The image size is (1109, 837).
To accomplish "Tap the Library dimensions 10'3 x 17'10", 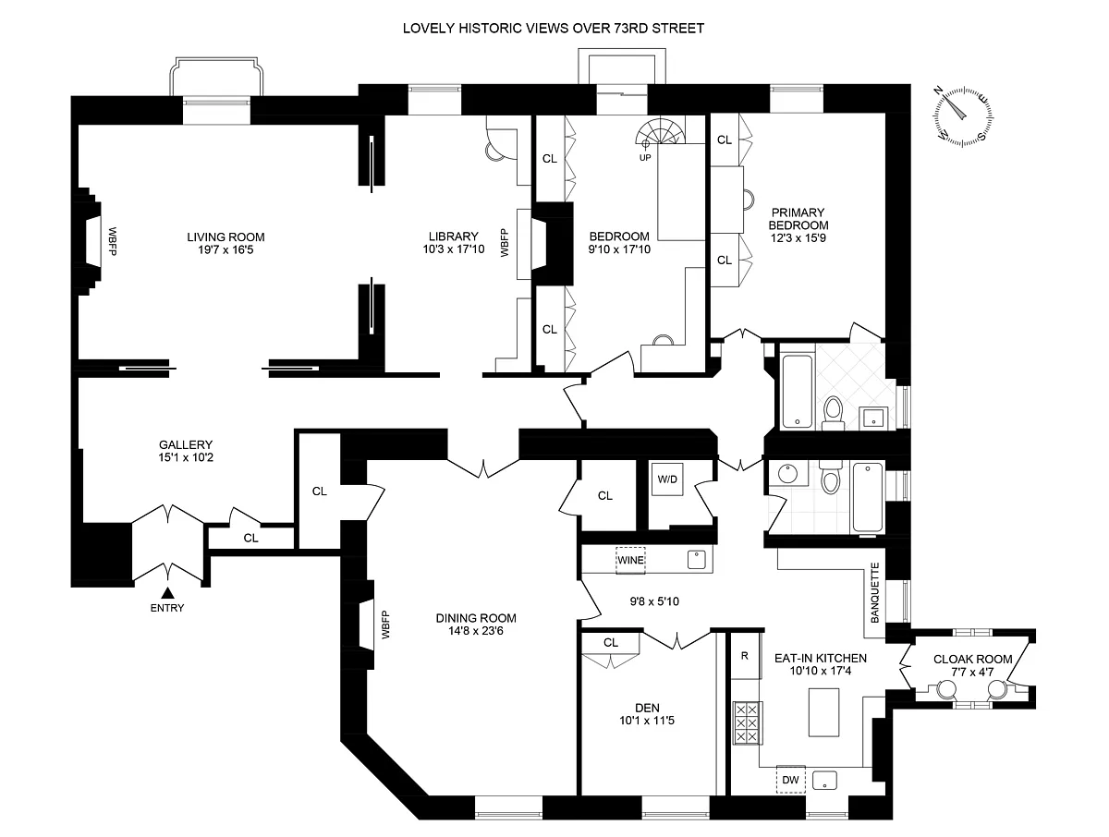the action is tap(445, 249).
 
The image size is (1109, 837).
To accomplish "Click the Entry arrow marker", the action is tap(168, 592).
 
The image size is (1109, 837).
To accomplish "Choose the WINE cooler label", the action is tap(630, 560).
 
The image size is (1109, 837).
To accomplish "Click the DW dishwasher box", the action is tap(790, 780).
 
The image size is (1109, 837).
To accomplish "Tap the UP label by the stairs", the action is tap(644, 157).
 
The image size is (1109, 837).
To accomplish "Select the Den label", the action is tap(633, 708).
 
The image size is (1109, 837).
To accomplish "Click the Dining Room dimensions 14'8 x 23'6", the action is tap(477, 633).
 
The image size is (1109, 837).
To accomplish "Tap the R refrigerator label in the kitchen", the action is tap(744, 656).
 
